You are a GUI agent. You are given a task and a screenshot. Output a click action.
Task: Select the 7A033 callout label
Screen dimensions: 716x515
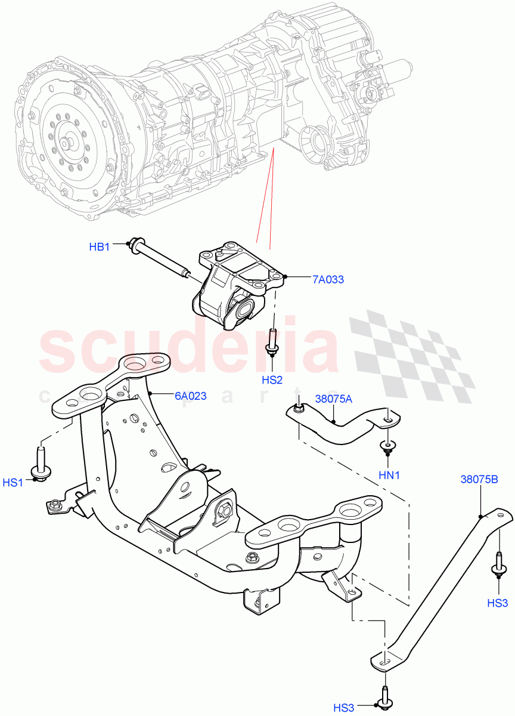point(327,279)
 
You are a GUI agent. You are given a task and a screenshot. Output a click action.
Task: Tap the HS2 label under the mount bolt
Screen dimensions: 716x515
point(272,379)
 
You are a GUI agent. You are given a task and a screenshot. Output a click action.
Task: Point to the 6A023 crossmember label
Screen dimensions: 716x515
point(190,395)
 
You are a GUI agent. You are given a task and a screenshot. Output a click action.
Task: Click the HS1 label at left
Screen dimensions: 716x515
point(13,482)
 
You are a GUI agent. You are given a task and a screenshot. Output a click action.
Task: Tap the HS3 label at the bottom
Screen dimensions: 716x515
point(344,708)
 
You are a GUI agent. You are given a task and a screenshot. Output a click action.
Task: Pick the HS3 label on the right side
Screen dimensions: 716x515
point(497,603)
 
